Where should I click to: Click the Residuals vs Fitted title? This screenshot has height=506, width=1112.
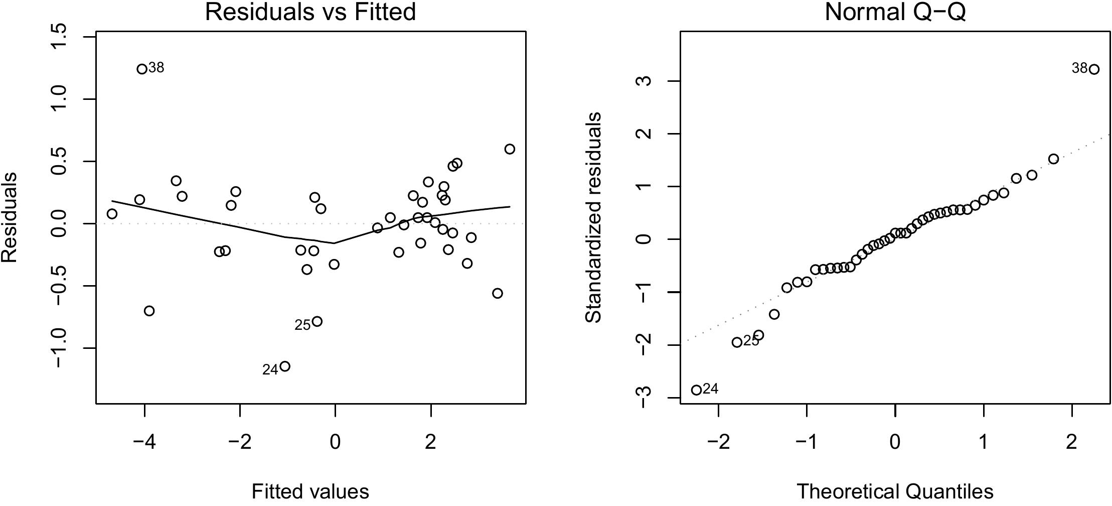pos(310,12)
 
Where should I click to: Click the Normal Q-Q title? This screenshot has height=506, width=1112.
pos(895,12)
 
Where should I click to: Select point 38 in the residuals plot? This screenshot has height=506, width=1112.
pos(142,69)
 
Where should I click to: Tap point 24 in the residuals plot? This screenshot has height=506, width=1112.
pos(285,366)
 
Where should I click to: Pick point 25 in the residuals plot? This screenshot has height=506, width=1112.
pos(317,321)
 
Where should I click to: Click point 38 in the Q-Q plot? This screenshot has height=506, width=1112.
pos(1094,69)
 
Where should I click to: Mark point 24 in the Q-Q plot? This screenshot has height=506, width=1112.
pos(696,390)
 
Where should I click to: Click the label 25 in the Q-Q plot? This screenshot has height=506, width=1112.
pos(751,341)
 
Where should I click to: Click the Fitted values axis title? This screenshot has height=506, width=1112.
pos(310,491)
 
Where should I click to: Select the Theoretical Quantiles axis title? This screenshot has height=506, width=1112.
pos(895,491)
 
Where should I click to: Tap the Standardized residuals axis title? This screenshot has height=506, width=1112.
pos(594,217)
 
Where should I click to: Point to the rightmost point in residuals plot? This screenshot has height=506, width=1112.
pos(510,149)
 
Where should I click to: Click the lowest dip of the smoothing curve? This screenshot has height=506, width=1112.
pos(334,243)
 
